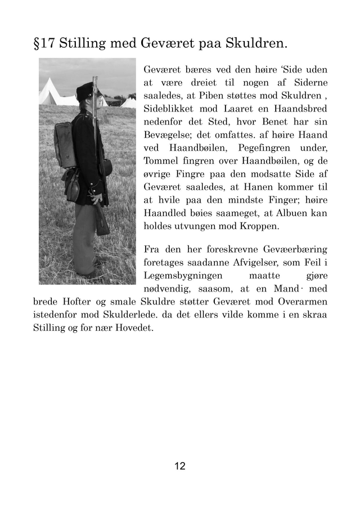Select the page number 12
[x=180, y=466]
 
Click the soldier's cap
[x=85, y=88]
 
